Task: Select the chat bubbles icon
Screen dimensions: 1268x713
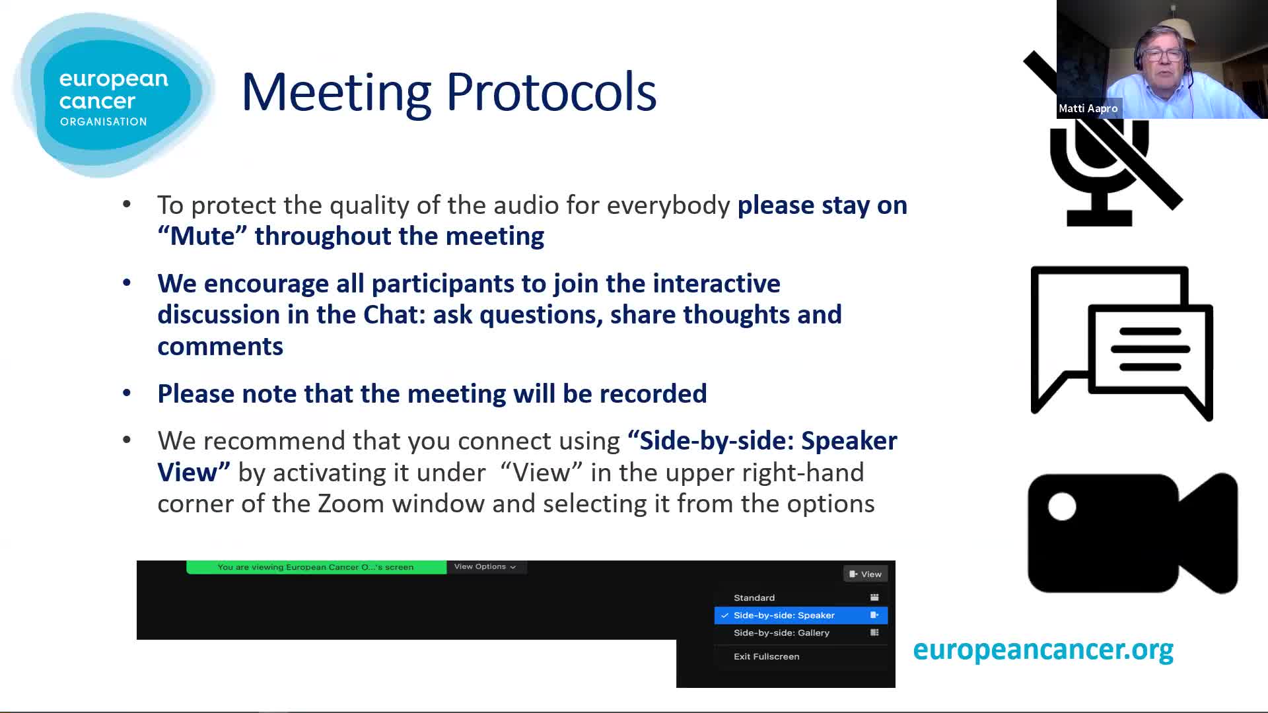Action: (1121, 343)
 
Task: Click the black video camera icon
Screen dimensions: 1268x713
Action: (1133, 533)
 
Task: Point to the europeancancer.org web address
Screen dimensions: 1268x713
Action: (1043, 650)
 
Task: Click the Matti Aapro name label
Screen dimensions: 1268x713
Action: (1088, 108)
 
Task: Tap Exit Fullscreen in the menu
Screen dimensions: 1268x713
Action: (767, 656)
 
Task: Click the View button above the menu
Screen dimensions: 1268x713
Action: (865, 574)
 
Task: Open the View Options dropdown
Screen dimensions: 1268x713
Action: (485, 566)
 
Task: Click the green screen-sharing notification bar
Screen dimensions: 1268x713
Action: (316, 567)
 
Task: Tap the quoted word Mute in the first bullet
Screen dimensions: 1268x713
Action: (203, 236)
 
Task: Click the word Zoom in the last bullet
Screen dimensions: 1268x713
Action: (351, 504)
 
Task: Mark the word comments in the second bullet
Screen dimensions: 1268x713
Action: (220, 347)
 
